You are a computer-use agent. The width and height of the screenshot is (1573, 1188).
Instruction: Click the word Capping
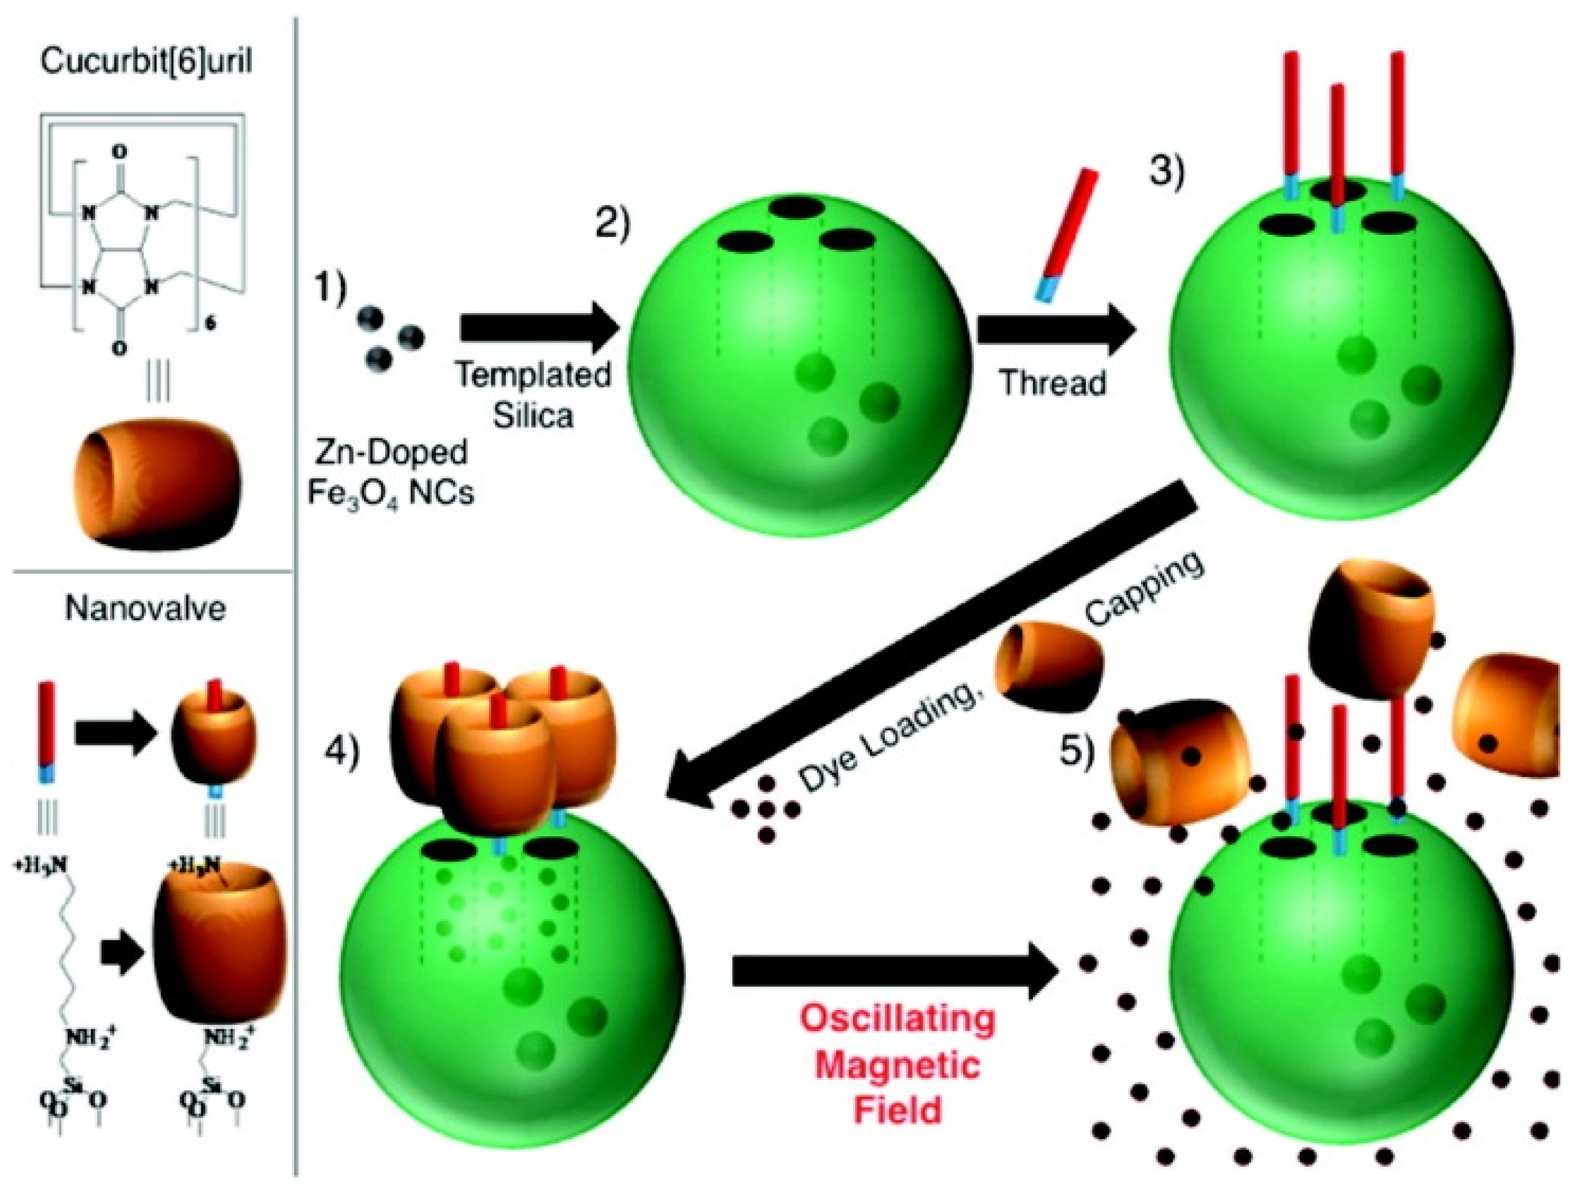tap(1145, 598)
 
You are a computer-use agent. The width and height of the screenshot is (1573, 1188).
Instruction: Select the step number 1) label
tap(330, 288)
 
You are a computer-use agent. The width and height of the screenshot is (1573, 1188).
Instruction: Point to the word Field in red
tap(897, 1110)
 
